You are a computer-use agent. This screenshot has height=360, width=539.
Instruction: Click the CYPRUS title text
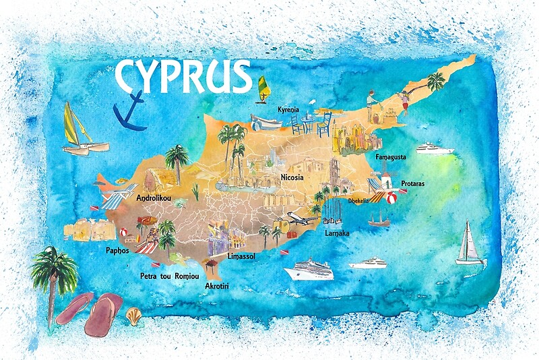(183, 76)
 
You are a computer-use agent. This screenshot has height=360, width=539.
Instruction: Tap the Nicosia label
(290, 177)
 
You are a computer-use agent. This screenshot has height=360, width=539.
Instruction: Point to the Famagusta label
(391, 157)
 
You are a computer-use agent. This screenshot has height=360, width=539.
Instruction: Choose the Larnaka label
(337, 233)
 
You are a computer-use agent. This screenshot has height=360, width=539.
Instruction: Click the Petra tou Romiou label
(169, 276)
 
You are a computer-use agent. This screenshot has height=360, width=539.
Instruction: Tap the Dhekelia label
(359, 200)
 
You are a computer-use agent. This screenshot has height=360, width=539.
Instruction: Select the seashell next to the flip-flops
(135, 315)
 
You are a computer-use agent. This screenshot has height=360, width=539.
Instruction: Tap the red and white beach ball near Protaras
(391, 197)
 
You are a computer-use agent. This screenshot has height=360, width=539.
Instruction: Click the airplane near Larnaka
(300, 217)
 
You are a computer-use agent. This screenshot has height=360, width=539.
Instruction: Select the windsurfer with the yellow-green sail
(262, 89)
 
